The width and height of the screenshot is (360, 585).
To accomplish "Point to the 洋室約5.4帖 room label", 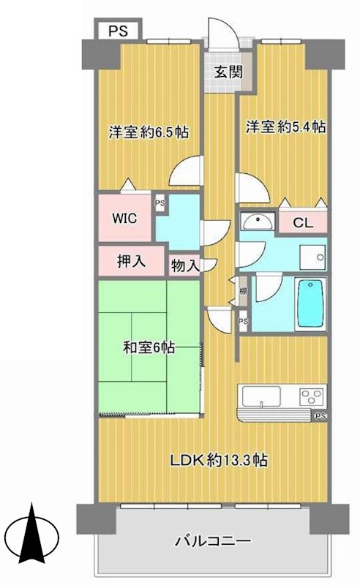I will [285, 127].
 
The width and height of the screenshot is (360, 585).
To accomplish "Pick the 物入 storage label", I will [184, 265].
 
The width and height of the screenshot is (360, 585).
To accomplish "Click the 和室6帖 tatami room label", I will [149, 348].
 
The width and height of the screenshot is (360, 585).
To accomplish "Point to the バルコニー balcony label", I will [213, 542].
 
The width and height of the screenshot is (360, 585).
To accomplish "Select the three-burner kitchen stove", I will [310, 399].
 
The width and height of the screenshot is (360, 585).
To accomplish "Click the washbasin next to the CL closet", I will [258, 222].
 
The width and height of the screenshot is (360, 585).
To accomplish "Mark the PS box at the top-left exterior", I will [117, 31].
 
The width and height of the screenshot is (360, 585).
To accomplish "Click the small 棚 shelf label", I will [242, 292].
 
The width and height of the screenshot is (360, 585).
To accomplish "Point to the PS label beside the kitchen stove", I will [320, 417].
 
